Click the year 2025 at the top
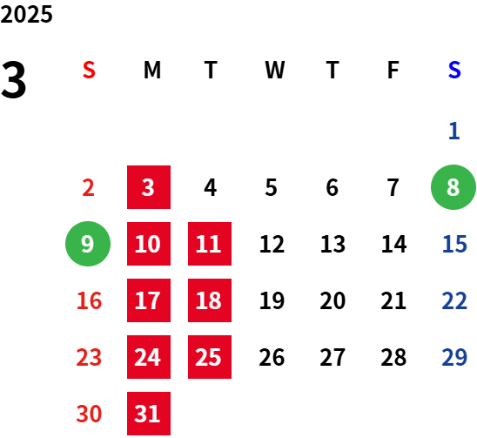(x=26, y=14)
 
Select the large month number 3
(x=13, y=79)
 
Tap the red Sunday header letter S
(x=89, y=70)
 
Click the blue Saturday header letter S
(x=454, y=70)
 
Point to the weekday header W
(x=275, y=70)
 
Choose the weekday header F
(x=393, y=70)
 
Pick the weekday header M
(x=152, y=70)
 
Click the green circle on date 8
(x=453, y=187)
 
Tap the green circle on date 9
(x=88, y=244)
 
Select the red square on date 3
(x=149, y=187)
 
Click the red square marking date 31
(x=149, y=414)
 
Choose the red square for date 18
(x=210, y=300)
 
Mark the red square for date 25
(x=210, y=357)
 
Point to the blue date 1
(x=453, y=131)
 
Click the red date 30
(x=89, y=414)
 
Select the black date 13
(x=333, y=244)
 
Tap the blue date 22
(x=454, y=300)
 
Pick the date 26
(x=272, y=357)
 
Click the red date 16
(x=89, y=300)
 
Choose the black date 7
(x=393, y=187)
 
